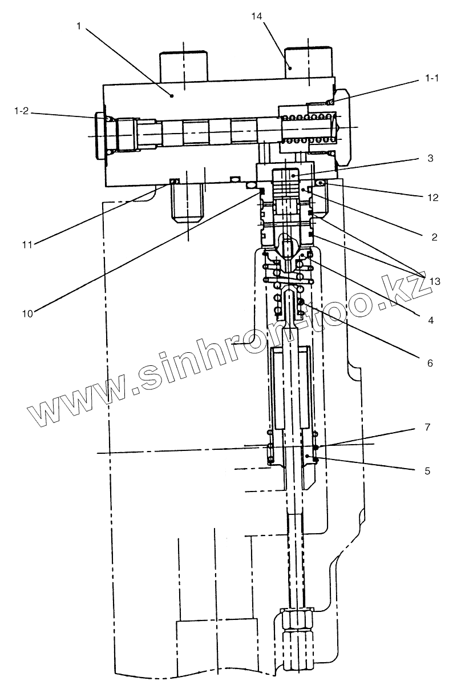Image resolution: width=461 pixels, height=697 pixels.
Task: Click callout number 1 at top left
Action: coord(78,26)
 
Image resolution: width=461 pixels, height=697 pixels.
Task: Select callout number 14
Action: coord(256,17)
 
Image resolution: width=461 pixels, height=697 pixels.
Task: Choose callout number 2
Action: coord(434,236)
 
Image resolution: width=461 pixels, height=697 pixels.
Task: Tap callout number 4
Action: coord(431,320)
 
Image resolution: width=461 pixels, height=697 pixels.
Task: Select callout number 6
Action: coord(431,362)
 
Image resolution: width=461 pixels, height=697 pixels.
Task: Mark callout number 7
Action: coord(428,426)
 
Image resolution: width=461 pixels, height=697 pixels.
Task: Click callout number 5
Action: coord(428,471)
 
